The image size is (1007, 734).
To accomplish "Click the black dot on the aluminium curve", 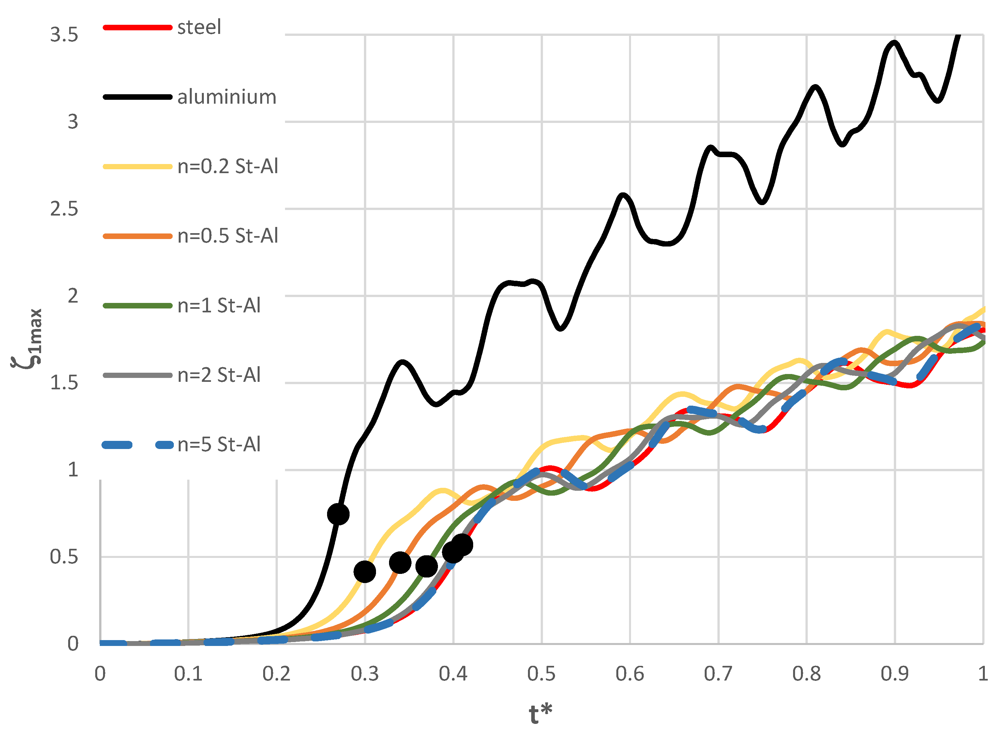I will pyautogui.click(x=338, y=515).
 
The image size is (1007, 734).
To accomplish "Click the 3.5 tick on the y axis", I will pyautogui.click(x=64, y=35).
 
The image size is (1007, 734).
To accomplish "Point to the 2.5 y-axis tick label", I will pyautogui.click(x=64, y=209).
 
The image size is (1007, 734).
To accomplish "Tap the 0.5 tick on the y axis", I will pyautogui.click(x=64, y=557).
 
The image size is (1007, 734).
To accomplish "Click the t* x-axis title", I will pyautogui.click(x=541, y=714).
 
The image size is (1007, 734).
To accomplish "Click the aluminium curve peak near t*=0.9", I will pyautogui.click(x=894, y=43).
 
